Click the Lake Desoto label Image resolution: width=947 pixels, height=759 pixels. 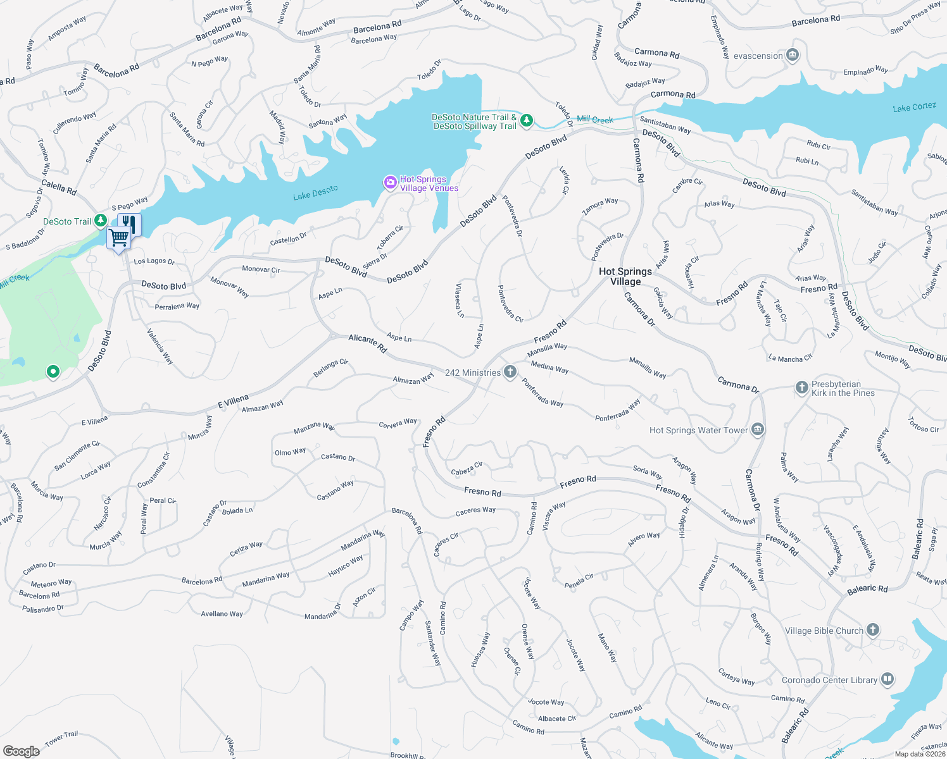(315, 192)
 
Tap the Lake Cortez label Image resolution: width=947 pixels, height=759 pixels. (914, 108)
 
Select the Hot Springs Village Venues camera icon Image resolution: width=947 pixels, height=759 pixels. (391, 183)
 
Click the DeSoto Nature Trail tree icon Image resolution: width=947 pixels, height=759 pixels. (527, 120)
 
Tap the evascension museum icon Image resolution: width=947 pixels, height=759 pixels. (792, 56)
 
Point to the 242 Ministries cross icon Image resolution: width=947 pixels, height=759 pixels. (510, 372)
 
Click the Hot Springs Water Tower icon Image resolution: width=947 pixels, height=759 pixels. (758, 430)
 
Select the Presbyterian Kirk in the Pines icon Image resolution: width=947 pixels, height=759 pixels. (801, 388)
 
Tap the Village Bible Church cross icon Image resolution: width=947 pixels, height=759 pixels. (873, 630)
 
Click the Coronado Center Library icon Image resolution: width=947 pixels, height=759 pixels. (887, 680)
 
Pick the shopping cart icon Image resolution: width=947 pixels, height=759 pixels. (118, 238)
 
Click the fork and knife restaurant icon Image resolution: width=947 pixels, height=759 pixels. (129, 223)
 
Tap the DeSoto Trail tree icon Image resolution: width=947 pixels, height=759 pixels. (100, 221)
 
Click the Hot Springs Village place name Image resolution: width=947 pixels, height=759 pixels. (625, 276)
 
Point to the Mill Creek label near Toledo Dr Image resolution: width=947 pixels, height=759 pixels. (594, 120)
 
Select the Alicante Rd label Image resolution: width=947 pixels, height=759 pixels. (367, 343)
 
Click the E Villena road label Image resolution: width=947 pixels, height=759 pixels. (233, 400)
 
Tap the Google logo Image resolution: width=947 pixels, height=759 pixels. (22, 751)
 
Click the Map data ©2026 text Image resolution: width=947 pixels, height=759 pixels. (920, 754)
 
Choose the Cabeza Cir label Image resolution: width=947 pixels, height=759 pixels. (467, 469)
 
